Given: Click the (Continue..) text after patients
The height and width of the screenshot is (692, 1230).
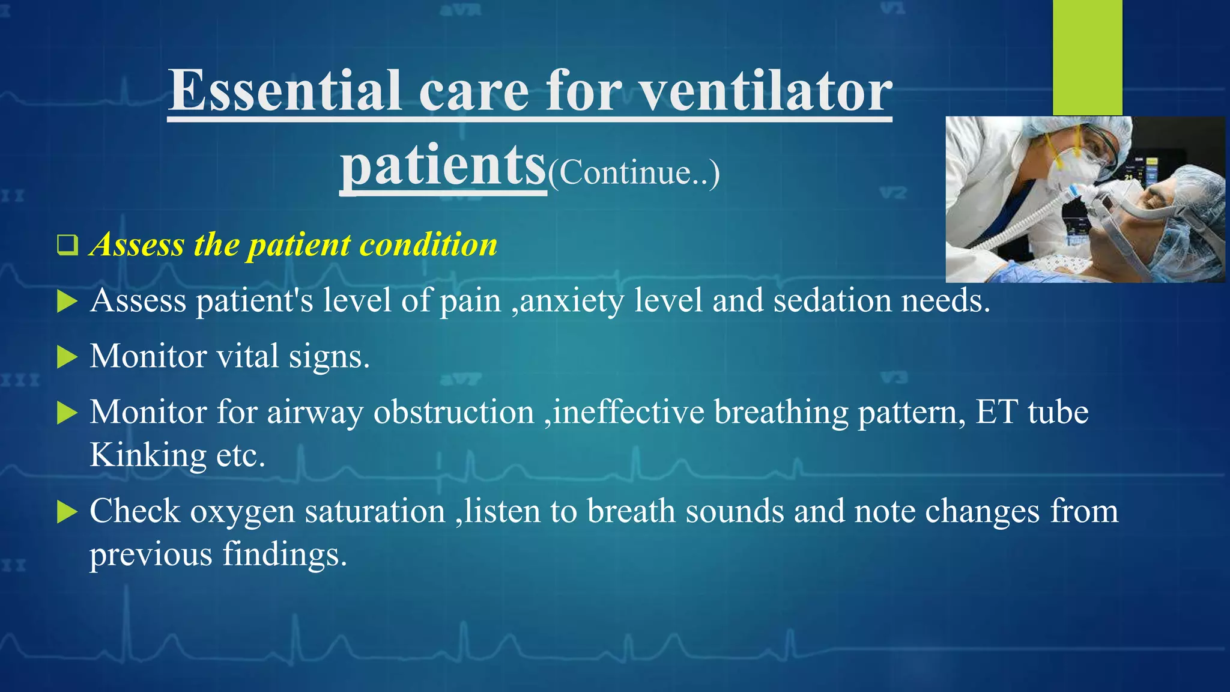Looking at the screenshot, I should tap(634, 173).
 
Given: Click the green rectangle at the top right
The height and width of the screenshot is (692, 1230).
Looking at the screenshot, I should tap(1087, 57).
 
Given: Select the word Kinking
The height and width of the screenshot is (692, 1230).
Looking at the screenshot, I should tap(148, 455).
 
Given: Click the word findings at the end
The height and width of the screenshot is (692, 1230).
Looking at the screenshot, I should tap(285, 554).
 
